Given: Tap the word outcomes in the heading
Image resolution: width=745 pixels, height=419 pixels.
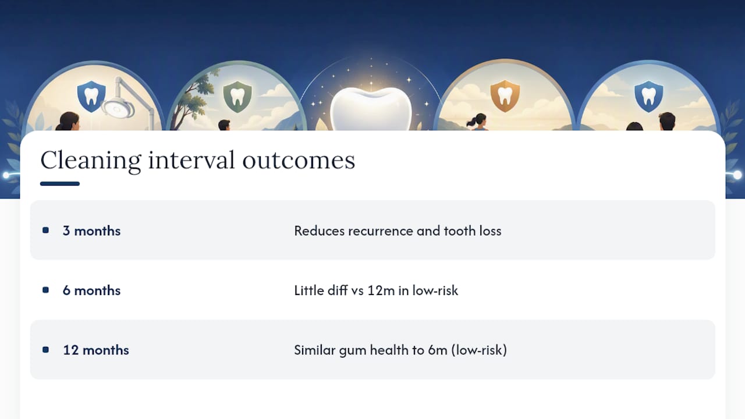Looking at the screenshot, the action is (299, 161).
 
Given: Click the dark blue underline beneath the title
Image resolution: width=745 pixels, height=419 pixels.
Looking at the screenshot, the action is (60, 183).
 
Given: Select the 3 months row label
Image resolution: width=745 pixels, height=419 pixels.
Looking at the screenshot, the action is (91, 231).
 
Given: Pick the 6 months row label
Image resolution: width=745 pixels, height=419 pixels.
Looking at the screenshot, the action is (91, 290).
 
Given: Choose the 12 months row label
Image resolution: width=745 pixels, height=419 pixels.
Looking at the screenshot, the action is (96, 350).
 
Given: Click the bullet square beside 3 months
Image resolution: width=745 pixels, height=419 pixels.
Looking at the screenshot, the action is (45, 230).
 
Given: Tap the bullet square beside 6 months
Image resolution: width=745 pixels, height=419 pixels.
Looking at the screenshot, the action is (45, 290).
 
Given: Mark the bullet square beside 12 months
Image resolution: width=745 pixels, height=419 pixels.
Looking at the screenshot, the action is (45, 350).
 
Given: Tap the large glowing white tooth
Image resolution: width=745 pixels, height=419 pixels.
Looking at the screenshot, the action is (371, 109).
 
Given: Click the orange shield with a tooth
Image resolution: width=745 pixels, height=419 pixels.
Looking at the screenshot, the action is (505, 96).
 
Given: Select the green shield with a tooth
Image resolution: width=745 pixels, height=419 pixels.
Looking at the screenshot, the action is (237, 97).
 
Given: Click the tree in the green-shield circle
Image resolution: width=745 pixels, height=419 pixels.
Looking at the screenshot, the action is (196, 100).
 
